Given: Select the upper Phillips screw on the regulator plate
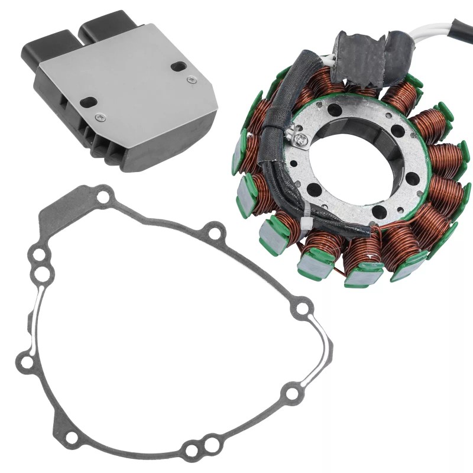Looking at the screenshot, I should (190, 79).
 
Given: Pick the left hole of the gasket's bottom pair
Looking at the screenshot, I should (191, 451).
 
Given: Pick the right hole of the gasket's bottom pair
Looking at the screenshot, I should (210, 441).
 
